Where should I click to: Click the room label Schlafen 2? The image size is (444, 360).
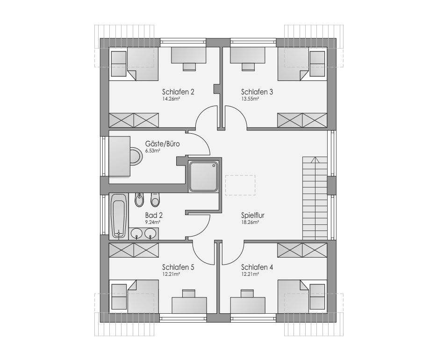pos(178,92)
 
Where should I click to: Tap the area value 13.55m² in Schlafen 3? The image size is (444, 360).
pos(250,99)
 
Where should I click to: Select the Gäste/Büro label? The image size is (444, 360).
pos(162,144)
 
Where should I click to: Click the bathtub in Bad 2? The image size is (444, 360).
pos(119,216)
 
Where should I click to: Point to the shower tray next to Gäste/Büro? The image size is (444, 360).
pos(204,176)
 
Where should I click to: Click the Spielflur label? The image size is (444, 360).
pos(252,215)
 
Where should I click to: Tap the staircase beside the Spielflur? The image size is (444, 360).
pos(315,198)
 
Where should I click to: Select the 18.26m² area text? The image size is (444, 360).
pos(250,223)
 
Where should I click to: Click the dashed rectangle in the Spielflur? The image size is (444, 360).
pos(240,185)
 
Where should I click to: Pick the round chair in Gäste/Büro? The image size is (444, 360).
pos(136,156)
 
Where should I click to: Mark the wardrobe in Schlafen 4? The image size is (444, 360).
pos(302,251)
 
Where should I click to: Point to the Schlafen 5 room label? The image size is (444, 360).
pos(178,267)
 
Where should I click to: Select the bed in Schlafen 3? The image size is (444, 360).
pos(293,64)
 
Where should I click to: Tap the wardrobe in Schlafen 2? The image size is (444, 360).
pos(134,120)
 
